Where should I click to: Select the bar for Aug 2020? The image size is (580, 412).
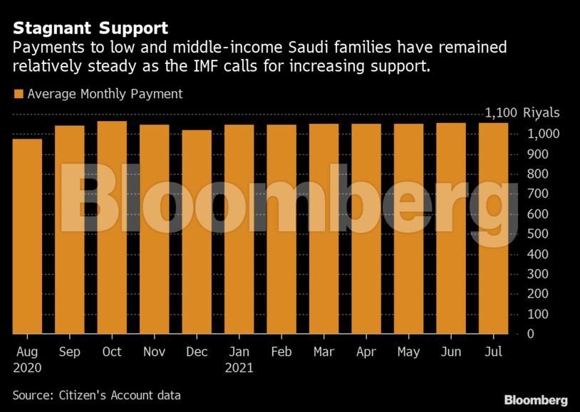27,237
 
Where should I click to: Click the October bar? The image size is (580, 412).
112,228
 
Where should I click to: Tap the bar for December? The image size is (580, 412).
197,232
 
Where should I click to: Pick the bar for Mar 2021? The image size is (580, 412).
323,229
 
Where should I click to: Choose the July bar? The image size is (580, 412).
493,228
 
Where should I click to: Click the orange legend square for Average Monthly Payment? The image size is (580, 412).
18,94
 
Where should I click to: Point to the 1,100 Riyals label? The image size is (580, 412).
522,113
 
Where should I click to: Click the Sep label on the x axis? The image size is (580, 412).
69,352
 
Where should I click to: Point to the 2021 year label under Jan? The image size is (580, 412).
239,369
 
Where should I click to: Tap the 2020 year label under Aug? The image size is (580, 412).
27,369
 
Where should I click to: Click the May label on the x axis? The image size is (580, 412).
408,352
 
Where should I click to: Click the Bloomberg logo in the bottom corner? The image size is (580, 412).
535,399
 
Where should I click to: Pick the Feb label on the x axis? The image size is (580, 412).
281,352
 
